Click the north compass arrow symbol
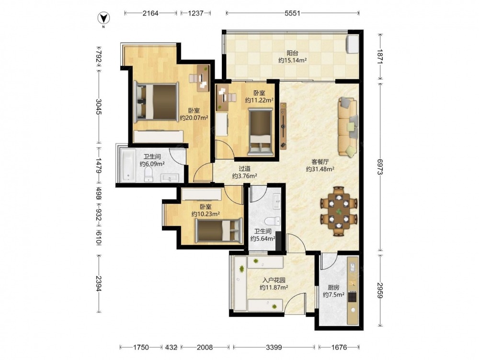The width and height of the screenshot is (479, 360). point(103,18)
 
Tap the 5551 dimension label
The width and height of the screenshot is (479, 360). point(292,13)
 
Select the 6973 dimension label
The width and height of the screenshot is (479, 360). point(380,168)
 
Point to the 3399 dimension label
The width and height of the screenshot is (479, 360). point(274,347)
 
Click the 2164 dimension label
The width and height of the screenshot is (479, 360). point(150,13)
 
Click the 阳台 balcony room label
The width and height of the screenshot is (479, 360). point(292,53)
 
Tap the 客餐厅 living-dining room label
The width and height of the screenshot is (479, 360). point(320,161)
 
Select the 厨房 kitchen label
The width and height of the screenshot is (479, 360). point(333,288)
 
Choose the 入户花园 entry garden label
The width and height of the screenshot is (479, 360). point(274,280)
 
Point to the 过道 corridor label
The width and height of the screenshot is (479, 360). point(245,168)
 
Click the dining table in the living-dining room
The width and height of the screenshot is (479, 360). point(339,211)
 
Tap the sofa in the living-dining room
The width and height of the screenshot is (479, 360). point(348,127)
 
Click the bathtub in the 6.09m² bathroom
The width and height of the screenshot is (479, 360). point(128,165)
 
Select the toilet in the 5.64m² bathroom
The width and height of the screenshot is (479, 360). point(272,221)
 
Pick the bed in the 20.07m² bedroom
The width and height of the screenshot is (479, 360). point(157,101)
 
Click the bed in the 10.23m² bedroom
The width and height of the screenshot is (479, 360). point(219,230)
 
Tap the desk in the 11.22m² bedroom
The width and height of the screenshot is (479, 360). point(222,97)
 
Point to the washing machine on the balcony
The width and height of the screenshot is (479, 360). point(352,44)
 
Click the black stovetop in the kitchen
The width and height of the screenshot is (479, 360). point(353,296)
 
